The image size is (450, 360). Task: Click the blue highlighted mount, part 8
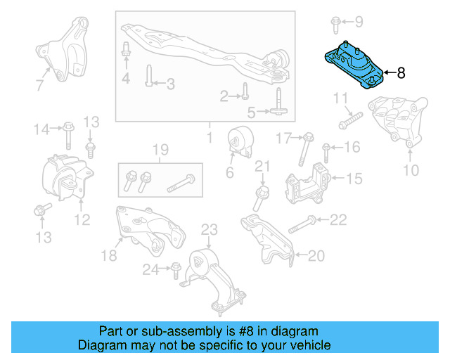pyautogui.click(x=352, y=67)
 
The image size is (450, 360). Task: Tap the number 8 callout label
pyautogui.click(x=401, y=73)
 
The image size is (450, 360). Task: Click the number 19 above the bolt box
pyautogui.click(x=160, y=149)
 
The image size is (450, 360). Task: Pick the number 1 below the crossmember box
pyautogui.click(x=209, y=134)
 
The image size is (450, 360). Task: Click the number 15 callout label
pyautogui.click(x=354, y=180)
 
